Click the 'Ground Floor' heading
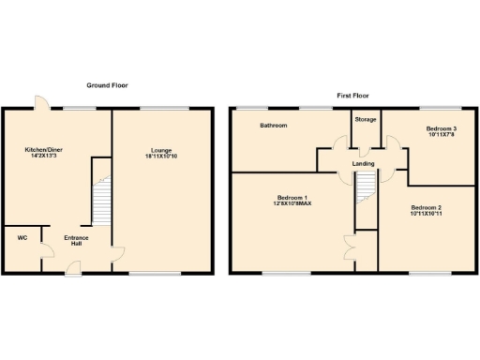(x=108, y=85)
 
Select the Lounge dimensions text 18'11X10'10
(x=162, y=157)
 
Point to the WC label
(x=22, y=237)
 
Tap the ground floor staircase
(x=101, y=193)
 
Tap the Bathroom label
(x=274, y=125)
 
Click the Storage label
(x=365, y=120)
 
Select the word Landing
(x=364, y=164)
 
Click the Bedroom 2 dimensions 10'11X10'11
(x=426, y=214)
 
